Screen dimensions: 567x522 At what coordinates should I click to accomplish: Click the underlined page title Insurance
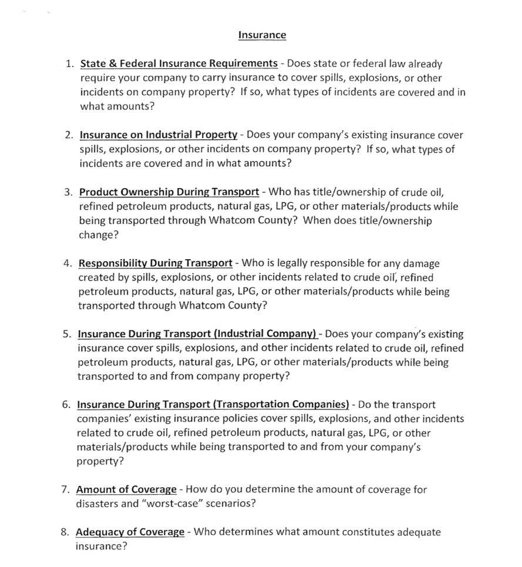pos(262,35)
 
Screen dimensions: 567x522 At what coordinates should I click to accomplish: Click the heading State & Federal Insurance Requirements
pos(179,63)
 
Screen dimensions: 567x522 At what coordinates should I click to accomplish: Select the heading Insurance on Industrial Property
pos(159,135)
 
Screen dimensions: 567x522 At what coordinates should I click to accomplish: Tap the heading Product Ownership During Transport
pos(169,192)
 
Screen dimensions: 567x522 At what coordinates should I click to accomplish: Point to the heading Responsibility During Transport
pos(155,263)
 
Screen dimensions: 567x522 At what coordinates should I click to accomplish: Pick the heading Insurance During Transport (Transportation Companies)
pos(213,405)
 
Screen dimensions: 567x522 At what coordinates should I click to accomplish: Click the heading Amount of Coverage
pos(126,489)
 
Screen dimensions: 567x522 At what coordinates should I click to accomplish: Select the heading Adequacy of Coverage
pos(130,532)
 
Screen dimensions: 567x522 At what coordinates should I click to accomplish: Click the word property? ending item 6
pos(100,461)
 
